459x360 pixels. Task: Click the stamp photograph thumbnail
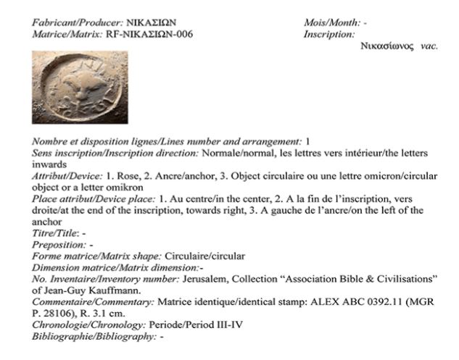[80, 87]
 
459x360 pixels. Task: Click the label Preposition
[59, 245]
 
